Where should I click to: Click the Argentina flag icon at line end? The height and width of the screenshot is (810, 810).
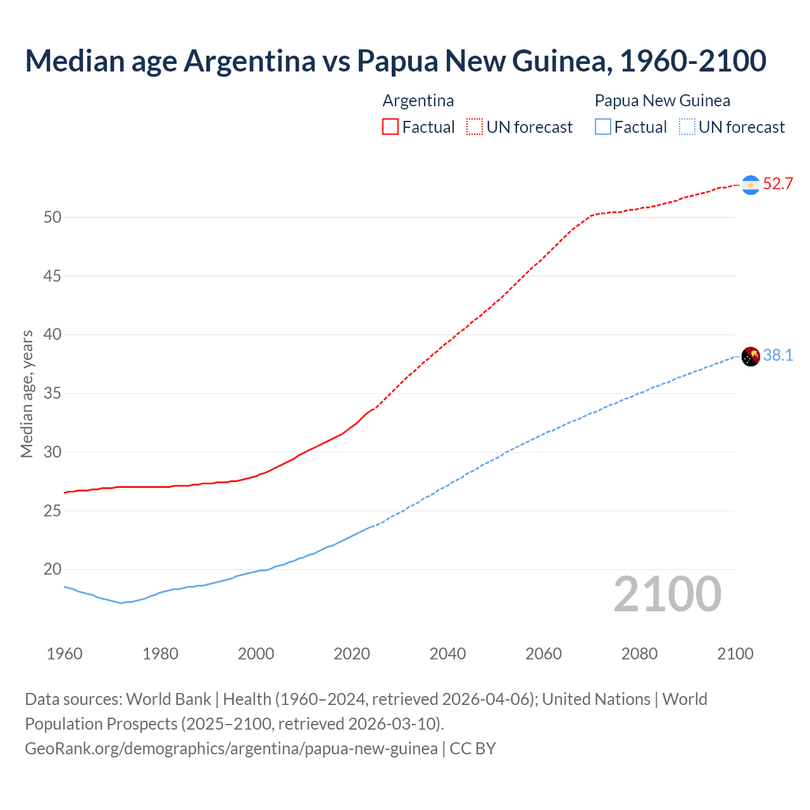click(751, 185)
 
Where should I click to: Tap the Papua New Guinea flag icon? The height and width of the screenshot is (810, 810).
click(751, 356)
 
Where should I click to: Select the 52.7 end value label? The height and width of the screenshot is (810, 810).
click(778, 184)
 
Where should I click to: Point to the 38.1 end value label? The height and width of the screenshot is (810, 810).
click(778, 356)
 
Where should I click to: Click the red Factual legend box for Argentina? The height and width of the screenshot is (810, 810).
click(390, 127)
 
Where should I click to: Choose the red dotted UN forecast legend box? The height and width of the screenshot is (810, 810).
click(475, 127)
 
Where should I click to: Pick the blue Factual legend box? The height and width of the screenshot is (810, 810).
click(603, 127)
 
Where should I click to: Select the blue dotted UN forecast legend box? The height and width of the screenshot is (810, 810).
click(687, 127)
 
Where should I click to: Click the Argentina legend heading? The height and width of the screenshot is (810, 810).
click(418, 101)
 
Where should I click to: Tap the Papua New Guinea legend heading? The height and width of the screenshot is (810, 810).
click(662, 101)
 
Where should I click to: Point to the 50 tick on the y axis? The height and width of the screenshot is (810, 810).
click(53, 218)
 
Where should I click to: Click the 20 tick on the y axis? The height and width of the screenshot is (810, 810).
click(53, 570)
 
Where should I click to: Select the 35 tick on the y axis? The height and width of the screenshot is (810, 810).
click(53, 394)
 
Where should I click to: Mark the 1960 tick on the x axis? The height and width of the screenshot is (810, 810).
click(65, 654)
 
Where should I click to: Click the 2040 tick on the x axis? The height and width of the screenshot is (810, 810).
click(447, 654)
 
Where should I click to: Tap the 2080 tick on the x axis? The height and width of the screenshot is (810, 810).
click(639, 654)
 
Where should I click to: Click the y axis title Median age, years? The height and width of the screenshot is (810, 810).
click(27, 394)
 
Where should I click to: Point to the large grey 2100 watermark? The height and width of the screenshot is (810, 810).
click(667, 594)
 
